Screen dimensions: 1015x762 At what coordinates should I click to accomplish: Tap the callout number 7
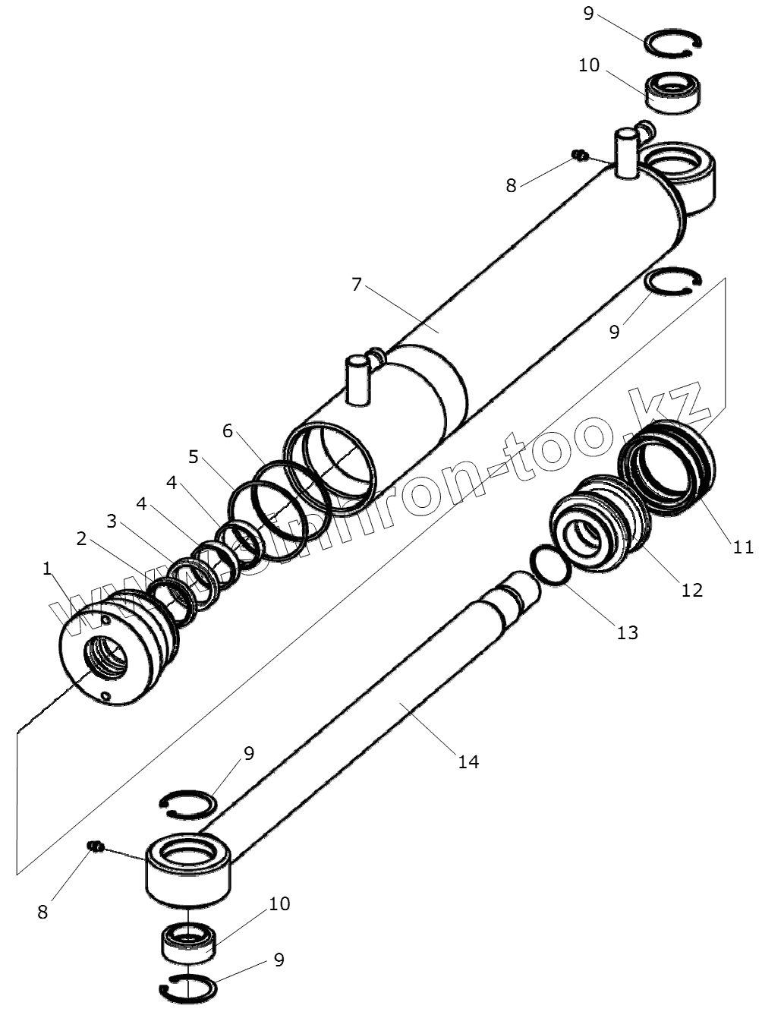[357, 285]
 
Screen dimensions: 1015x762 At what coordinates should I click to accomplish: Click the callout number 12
[691, 588]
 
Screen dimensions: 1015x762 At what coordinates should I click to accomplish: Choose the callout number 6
[228, 431]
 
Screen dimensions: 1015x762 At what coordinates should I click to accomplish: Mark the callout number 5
[194, 457]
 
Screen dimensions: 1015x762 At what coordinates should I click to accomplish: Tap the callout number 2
[82, 539]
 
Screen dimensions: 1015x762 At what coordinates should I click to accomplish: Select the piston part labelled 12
[600, 524]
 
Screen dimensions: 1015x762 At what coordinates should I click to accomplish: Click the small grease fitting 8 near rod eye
[96, 846]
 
